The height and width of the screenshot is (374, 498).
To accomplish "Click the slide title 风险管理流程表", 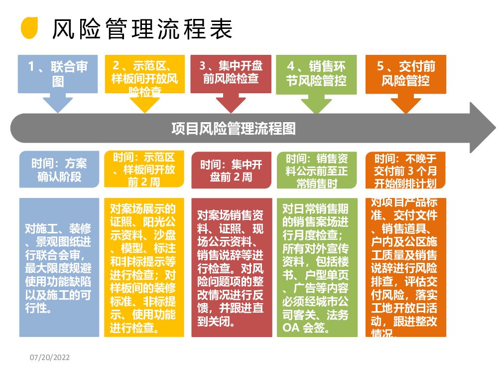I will (142, 29).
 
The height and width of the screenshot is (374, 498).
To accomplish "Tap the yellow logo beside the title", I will (30, 27).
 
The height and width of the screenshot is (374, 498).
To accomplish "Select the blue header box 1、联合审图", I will (58, 74).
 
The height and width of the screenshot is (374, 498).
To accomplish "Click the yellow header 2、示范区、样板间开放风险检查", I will (144, 74).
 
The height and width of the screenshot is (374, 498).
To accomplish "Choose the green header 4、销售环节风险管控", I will (316, 73).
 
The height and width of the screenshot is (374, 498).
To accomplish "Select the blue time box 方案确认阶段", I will (59, 170).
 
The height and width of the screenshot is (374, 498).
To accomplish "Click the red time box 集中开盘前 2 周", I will (231, 170).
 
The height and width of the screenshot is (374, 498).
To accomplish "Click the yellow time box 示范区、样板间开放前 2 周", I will (144, 170).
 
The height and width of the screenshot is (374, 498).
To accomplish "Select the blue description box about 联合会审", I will (59, 267).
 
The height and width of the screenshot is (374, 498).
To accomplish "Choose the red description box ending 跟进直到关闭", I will (231, 267).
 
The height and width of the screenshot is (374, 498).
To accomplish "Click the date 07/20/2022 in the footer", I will (50, 357).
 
